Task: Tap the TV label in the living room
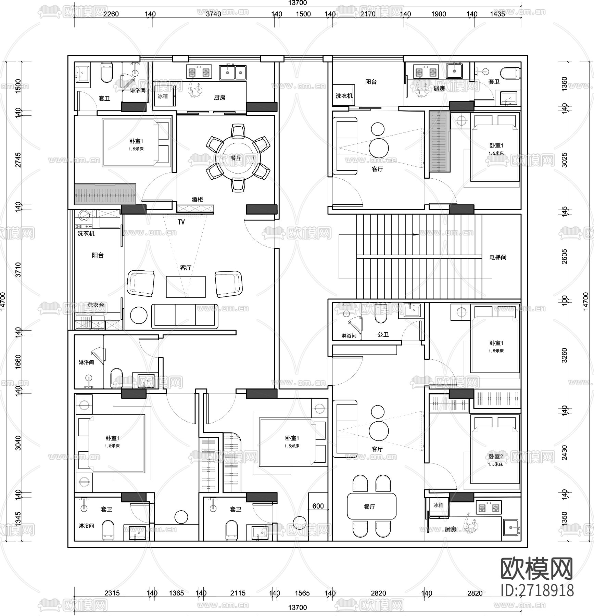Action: coord(181,222)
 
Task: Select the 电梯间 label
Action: coord(497,257)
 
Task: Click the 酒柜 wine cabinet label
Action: coord(197,199)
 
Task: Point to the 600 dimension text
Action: coord(318,506)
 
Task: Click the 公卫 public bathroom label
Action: coord(383,334)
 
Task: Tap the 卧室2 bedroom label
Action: coord(495,457)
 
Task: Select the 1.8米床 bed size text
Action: coord(112,446)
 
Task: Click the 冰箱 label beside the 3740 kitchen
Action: coord(163,96)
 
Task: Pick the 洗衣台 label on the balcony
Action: coord(95,305)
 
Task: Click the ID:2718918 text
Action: coord(537,591)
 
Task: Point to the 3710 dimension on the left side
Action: coord(18,269)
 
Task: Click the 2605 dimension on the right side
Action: coord(565,257)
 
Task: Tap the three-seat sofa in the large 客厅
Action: coord(185,315)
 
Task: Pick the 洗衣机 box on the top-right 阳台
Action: coord(343,95)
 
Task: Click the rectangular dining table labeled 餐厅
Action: coord(371,506)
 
